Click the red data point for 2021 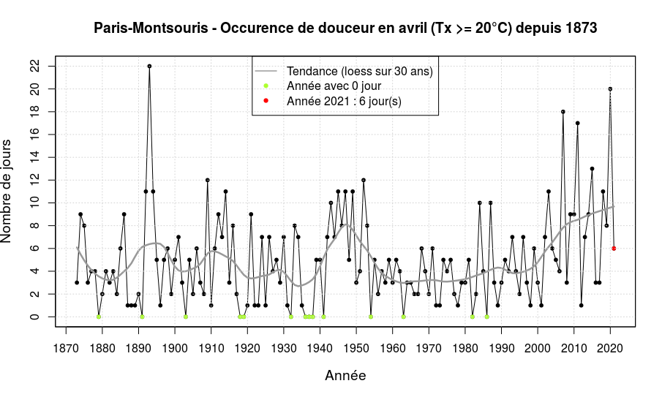tap(614, 249)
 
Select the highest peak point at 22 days tap(149, 66)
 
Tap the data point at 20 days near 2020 tap(610, 89)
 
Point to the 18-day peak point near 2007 tap(563, 112)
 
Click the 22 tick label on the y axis tap(35, 67)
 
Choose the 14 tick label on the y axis tap(35, 157)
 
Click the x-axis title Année tap(345, 376)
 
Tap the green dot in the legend tap(266, 86)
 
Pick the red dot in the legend tap(266, 100)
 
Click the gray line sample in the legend tap(266, 71)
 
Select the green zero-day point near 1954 tap(371, 317)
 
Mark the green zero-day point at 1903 tap(186, 317)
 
